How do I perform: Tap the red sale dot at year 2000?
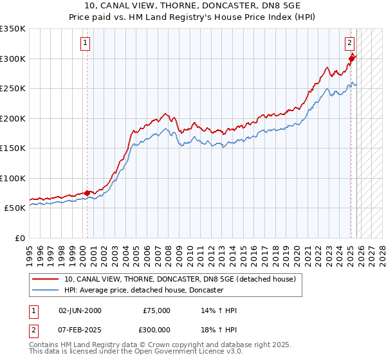tap(87, 193)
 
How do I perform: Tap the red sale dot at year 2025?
tap(351, 59)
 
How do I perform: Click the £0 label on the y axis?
tap(19, 238)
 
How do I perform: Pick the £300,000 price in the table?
tap(156, 329)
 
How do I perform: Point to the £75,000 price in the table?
tap(156, 310)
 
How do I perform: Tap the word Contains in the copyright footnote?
tap(45, 345)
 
